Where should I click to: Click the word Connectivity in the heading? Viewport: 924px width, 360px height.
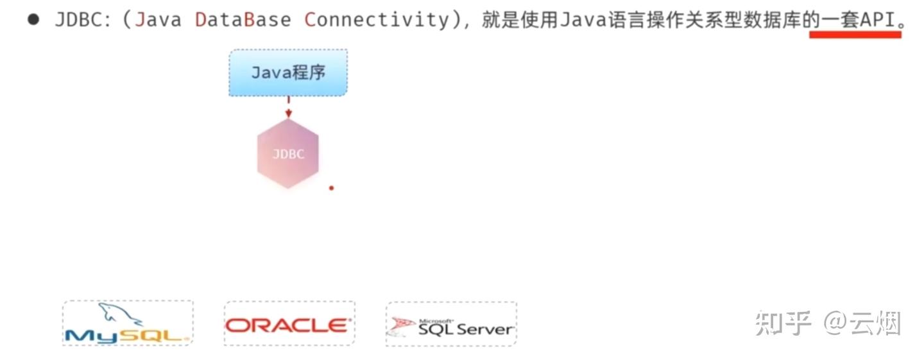[x=377, y=19]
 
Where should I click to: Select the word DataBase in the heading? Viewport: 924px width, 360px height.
[x=243, y=19]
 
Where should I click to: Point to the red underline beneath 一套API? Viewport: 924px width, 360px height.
[x=855, y=35]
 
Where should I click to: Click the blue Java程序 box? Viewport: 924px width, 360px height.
[x=288, y=73]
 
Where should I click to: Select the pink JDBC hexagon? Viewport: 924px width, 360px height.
[x=288, y=154]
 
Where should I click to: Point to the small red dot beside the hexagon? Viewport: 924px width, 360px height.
[x=332, y=188]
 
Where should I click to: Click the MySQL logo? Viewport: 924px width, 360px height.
[x=128, y=323]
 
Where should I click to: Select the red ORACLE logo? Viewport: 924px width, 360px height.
[x=288, y=325]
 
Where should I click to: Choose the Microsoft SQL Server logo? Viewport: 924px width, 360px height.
[x=451, y=325]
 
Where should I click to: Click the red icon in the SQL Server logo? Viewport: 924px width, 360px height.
[x=404, y=325]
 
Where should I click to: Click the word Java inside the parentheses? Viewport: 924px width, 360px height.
[x=158, y=19]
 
